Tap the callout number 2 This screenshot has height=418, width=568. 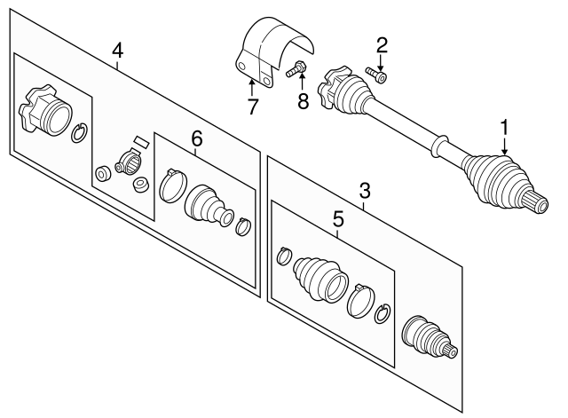pyautogui.click(x=383, y=44)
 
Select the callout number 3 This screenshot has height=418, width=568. pyautogui.click(x=364, y=190)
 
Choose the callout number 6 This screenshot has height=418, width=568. pyautogui.click(x=196, y=138)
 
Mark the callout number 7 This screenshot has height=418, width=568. pyautogui.click(x=253, y=107)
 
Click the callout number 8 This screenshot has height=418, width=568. pyautogui.click(x=304, y=101)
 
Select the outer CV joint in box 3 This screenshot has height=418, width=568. pyautogui.click(x=424, y=337)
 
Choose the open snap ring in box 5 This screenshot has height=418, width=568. pyautogui.click(x=383, y=313)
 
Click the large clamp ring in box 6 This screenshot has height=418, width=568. pyautogui.click(x=171, y=184)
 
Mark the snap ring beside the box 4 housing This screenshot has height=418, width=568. pyautogui.click(x=80, y=133)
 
